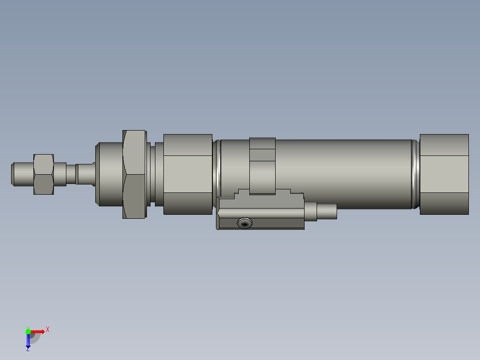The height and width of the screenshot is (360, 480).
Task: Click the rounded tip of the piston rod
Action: point(14,174)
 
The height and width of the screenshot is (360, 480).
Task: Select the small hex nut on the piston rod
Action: point(44,174)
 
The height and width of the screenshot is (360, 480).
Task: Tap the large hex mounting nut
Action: point(134,174)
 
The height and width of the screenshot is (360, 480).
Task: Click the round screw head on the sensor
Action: point(244,223)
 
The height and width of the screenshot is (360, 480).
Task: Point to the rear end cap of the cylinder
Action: point(444,174)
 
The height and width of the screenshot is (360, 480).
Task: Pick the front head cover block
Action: point(187,174)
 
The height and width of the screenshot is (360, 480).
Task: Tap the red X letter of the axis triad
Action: point(48,330)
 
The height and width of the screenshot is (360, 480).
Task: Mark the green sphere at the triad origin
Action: point(28,331)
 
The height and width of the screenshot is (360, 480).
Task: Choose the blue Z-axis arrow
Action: point(28,340)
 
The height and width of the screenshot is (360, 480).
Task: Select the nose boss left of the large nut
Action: point(110,174)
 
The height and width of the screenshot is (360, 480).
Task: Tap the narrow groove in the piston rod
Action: point(71,174)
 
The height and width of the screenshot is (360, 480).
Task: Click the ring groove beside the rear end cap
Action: point(415,174)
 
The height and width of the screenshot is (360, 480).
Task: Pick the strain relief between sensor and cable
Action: point(310,211)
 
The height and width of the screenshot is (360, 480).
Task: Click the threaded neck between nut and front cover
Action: point(154,174)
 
